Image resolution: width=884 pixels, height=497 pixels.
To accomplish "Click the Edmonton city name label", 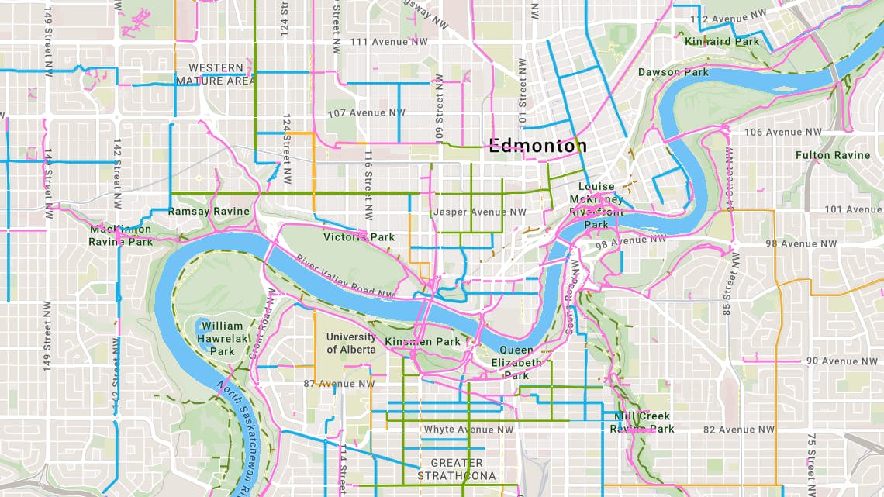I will [537, 146].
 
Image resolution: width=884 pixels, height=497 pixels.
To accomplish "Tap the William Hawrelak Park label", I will [222, 339].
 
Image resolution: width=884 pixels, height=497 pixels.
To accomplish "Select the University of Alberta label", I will [350, 343].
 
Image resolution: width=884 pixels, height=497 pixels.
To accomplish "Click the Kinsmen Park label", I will [422, 342].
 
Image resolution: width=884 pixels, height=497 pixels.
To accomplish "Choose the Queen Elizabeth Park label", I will [516, 362].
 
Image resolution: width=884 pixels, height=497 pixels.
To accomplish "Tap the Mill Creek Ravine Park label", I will [644, 423].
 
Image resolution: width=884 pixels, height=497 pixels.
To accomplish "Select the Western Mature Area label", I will [215, 74].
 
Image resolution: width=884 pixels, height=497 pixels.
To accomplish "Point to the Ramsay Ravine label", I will [209, 212].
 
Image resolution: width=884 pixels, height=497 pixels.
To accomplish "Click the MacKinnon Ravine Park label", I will [120, 235].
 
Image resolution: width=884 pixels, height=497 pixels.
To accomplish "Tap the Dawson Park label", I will [673, 72].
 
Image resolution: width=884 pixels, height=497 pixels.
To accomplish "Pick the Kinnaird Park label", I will [722, 41].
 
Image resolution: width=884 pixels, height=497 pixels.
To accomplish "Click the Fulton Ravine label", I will [833, 155].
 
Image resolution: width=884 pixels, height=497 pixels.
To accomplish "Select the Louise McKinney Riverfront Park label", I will [596, 205].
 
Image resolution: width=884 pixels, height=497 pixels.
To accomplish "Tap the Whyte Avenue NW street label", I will [468, 430].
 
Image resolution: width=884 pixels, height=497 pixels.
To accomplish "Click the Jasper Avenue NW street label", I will [480, 212].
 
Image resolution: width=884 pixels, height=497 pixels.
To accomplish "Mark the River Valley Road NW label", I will [344, 277].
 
